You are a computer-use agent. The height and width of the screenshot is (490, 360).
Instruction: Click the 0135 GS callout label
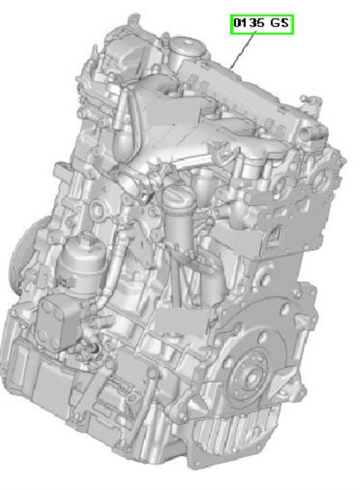pos(262,24)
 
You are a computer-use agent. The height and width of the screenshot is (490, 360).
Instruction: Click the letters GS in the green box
pos(279,23)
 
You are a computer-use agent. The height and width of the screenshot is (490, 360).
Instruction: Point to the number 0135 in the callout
pos(249,23)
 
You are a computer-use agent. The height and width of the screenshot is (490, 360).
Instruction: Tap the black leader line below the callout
pos(242,50)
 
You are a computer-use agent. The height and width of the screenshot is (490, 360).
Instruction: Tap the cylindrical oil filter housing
pos(82,264)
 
